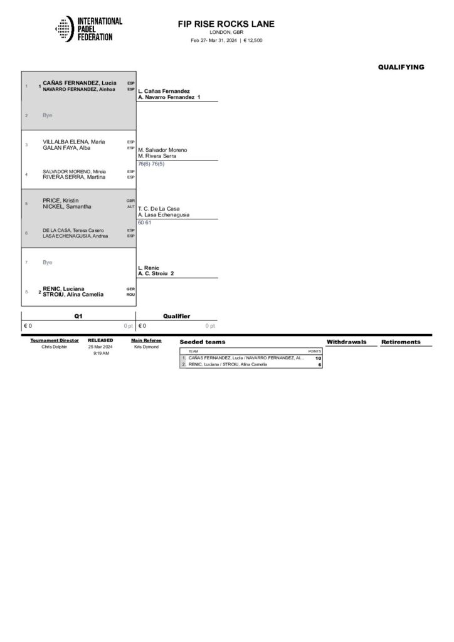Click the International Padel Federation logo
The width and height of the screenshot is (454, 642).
coord(89,29)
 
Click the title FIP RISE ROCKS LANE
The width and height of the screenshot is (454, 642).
coord(226,24)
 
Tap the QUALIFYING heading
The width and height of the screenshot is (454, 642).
coord(401,67)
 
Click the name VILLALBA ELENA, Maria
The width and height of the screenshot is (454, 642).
coord(74,142)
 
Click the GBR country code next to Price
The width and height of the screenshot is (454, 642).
coord(130,201)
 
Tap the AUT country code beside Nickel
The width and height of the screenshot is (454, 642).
coord(130,206)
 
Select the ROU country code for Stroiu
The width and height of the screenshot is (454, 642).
coord(130,295)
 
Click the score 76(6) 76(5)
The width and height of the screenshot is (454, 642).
coord(151,164)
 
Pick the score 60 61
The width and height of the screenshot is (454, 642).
coord(144,222)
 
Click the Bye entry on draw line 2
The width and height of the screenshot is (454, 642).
coord(48,115)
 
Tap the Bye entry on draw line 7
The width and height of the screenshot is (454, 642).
coord(48,262)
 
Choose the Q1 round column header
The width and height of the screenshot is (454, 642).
coord(78,317)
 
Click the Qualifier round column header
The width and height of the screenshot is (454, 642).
coord(177,317)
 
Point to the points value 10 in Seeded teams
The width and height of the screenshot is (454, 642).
coord(318,358)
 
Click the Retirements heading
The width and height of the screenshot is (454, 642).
coord(401,342)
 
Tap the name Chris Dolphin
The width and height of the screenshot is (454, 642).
coord(54,347)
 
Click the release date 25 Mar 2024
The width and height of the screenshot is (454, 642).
coord(100,347)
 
